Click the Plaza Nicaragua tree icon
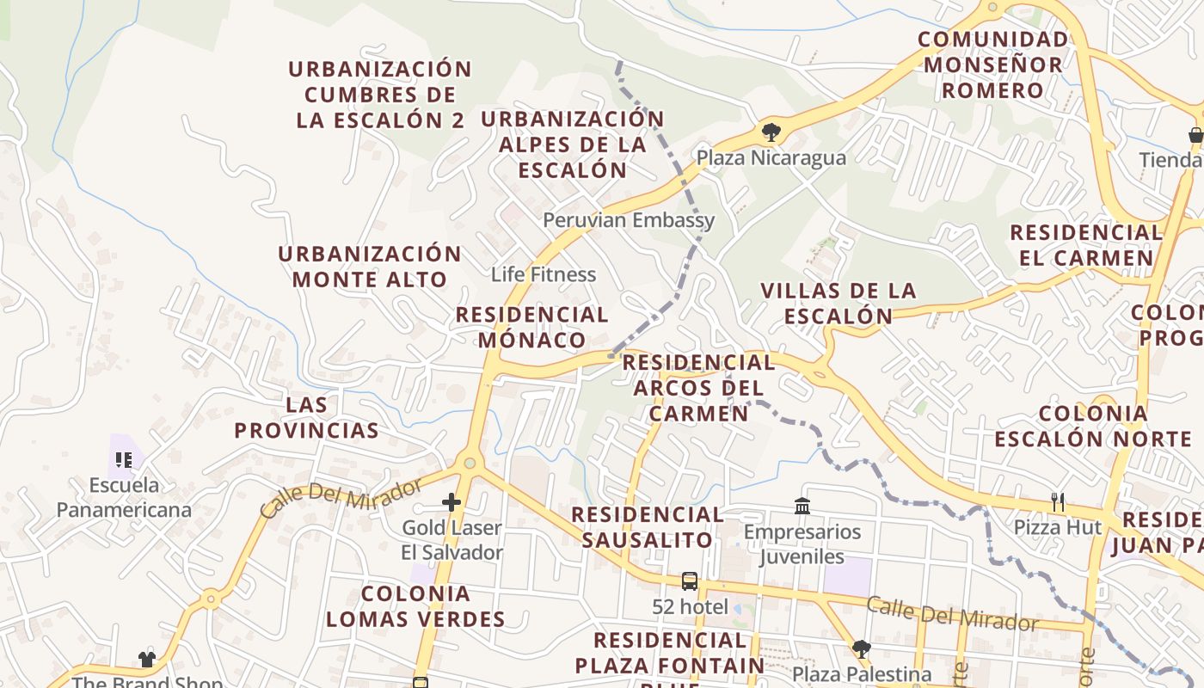point(771,132)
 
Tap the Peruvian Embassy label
point(629,220)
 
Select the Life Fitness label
point(544,274)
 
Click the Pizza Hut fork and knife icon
point(1058,501)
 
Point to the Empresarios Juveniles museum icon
point(802,506)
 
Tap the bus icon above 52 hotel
point(690,581)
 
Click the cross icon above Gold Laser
point(451,502)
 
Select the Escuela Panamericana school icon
point(124,460)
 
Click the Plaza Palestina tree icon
point(861,648)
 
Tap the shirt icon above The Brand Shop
point(147,660)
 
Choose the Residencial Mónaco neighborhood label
point(532,327)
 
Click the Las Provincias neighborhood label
point(307,417)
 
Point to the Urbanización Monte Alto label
point(370,267)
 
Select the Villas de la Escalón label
point(838,304)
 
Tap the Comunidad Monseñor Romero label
point(992,64)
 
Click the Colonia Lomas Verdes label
point(415,606)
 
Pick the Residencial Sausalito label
point(648,527)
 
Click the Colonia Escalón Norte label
point(1093,426)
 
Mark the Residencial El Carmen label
point(1086,245)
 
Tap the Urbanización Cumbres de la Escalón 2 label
point(380,95)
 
